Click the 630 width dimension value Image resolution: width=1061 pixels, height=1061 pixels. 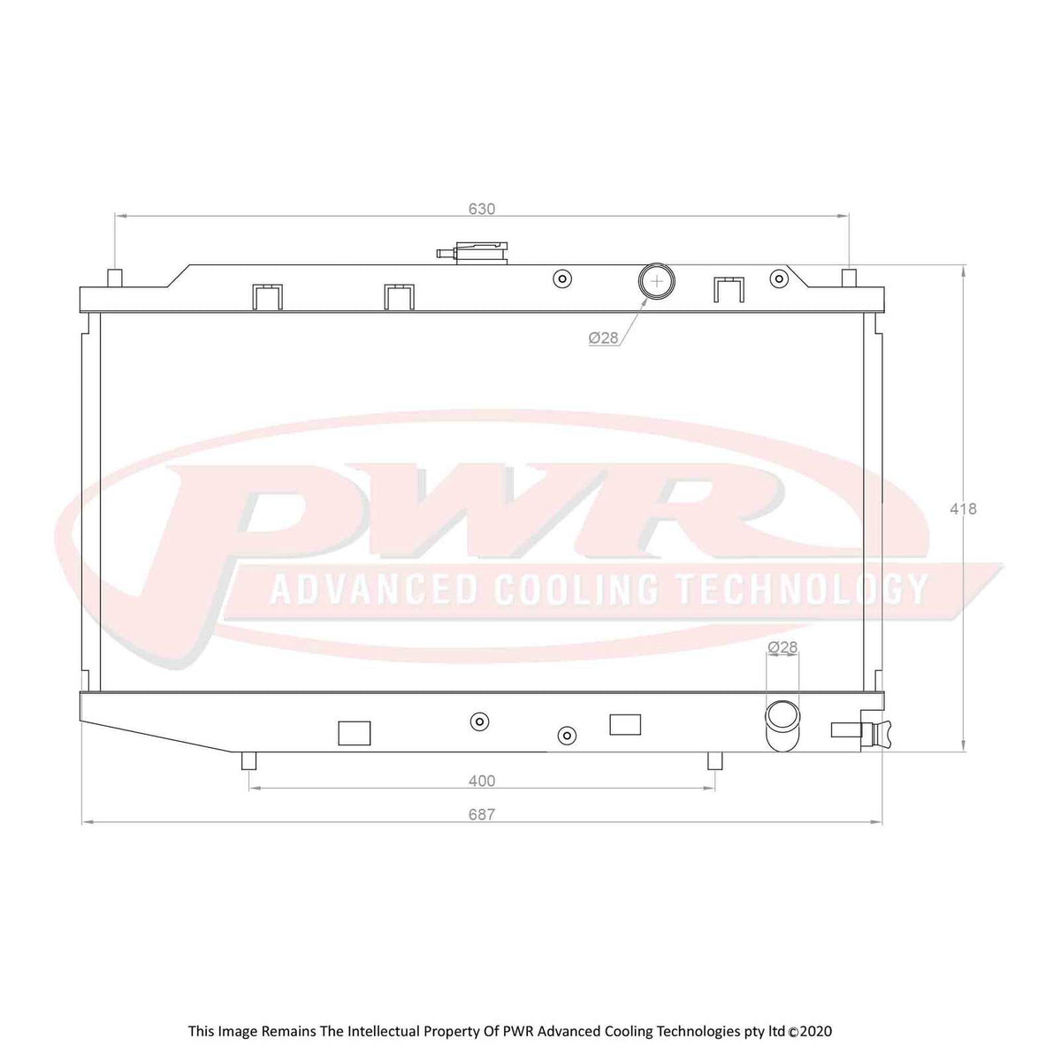click(x=481, y=210)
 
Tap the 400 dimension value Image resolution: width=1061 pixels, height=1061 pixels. click(x=481, y=781)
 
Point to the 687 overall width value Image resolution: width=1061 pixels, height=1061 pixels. click(x=481, y=815)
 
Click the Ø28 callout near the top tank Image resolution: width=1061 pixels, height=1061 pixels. click(x=603, y=338)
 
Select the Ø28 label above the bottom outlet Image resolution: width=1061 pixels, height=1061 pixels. click(x=782, y=647)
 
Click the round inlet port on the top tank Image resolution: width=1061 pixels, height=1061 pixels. click(x=655, y=281)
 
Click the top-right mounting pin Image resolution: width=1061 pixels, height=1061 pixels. click(x=848, y=277)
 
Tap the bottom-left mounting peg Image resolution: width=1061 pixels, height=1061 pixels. click(x=249, y=760)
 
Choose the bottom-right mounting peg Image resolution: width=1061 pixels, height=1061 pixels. click(x=714, y=760)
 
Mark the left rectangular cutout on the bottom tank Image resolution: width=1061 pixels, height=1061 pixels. click(x=355, y=733)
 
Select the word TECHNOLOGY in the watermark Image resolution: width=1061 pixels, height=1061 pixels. click(x=802, y=589)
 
